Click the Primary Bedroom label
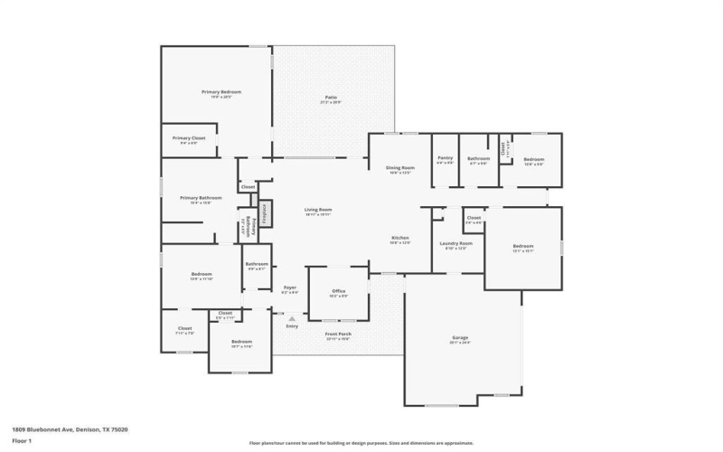pos(221,92)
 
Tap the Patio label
pos(331,98)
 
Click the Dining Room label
pos(399,168)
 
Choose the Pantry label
pos(445,158)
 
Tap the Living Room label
pos(318,210)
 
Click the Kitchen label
pos(399,239)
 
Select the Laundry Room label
pos(455,243)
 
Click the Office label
pos(337,292)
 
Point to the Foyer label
pos(290,288)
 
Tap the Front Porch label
pos(338,334)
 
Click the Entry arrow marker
pos(290,318)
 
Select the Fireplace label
pos(266,214)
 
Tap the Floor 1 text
pos(22,440)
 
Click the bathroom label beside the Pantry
pos(478,159)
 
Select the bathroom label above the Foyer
pos(256,265)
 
